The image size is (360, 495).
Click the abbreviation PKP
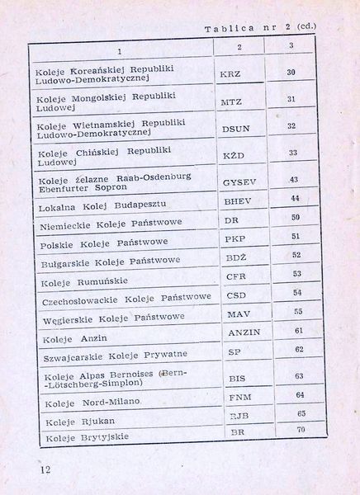(235, 239)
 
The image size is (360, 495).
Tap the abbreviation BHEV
(237, 201)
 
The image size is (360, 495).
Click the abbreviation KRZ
(231, 74)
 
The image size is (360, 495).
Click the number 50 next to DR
(294, 218)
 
